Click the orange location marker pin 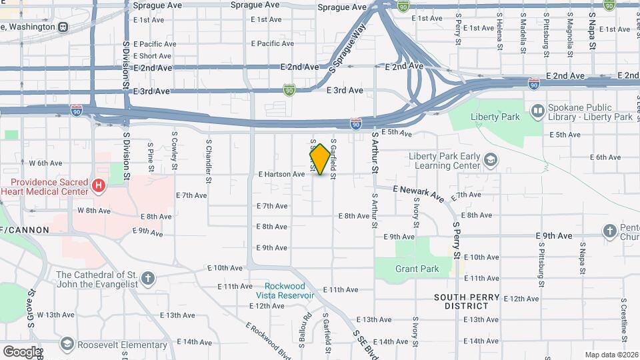coord(320,159)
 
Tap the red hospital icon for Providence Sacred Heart coord(99,185)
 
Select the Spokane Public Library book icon coord(537,111)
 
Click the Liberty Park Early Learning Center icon coord(491,160)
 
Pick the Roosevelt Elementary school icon coord(66,344)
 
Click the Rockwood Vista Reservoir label coord(285,290)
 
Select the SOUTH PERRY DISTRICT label coord(471,301)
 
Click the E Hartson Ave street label coord(281,174)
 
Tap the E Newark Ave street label coord(419,193)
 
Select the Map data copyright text coord(611,355)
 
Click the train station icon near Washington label coord(63,27)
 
